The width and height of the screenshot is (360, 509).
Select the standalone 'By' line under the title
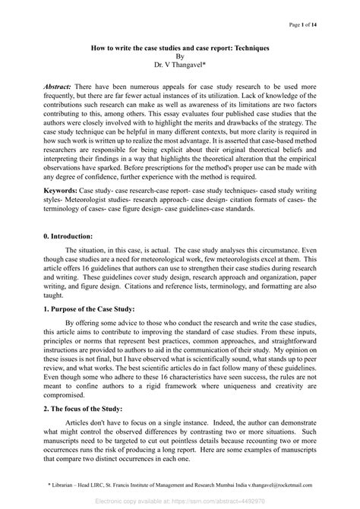coord(180,56)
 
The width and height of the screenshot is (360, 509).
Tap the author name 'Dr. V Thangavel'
coord(179,66)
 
